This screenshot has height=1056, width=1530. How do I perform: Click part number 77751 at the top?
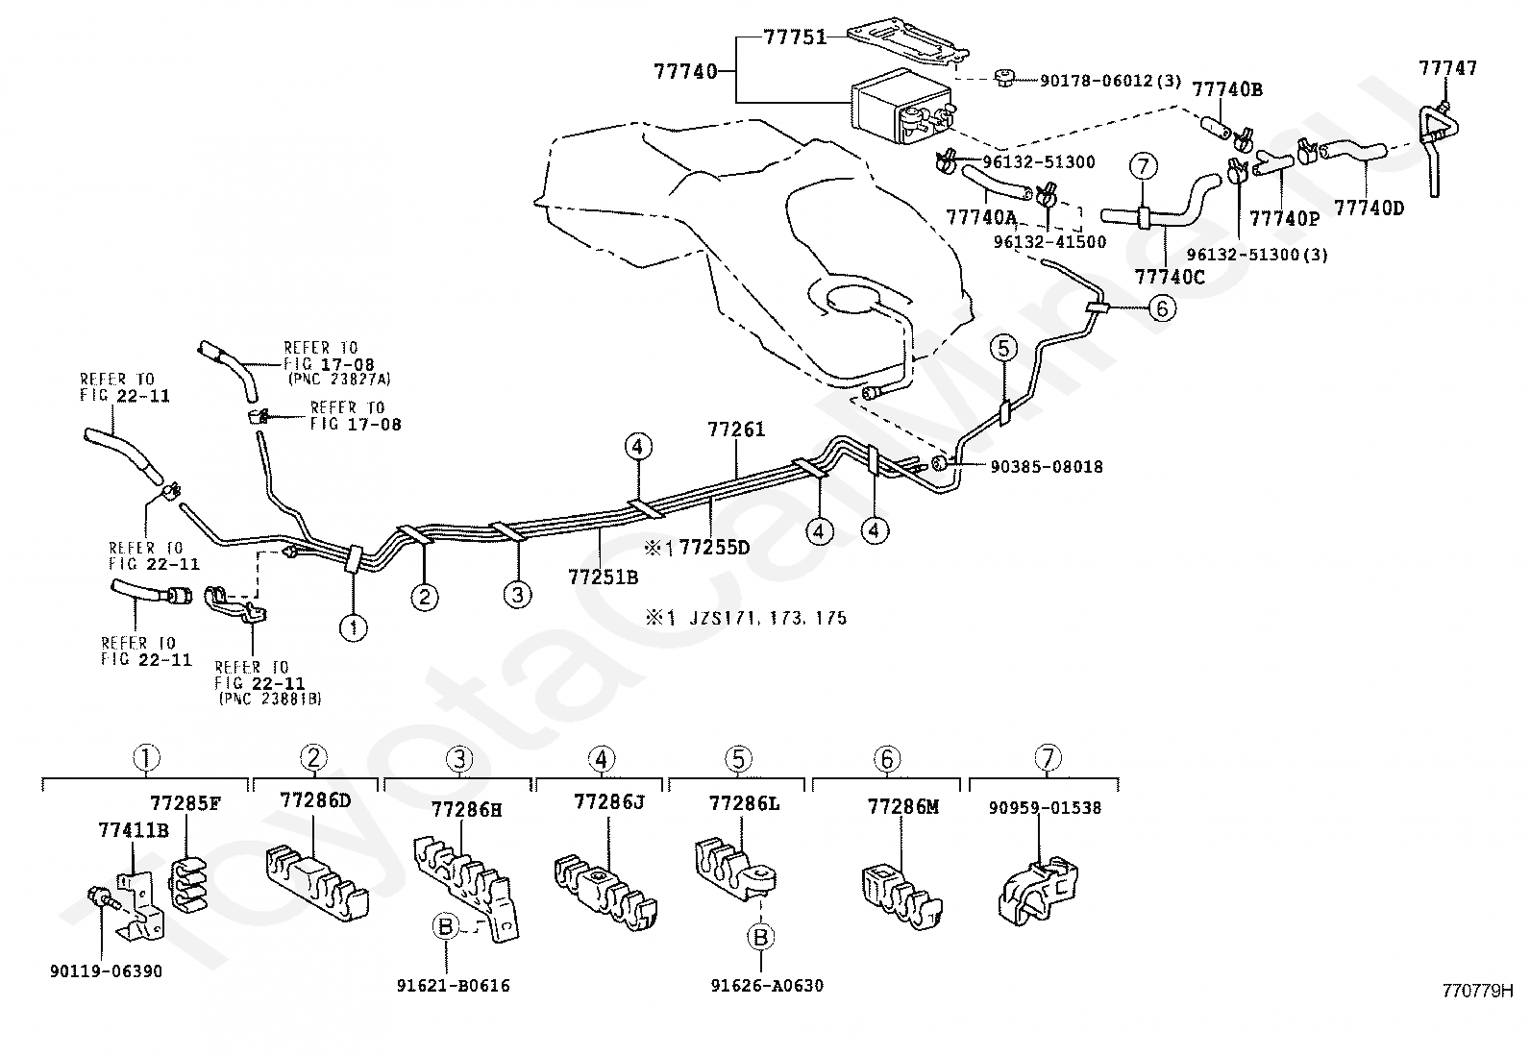point(795,37)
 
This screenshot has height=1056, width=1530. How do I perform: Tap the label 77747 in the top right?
point(1447,68)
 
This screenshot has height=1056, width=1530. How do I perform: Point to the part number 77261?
point(736,430)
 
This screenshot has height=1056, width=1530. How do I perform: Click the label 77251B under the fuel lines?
point(603,577)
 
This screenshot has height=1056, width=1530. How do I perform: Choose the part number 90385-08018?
point(1047,467)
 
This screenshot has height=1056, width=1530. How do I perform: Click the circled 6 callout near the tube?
point(1161,308)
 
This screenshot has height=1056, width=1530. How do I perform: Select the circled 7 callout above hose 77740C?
point(1143,168)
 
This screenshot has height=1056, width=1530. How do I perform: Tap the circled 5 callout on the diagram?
point(1002,349)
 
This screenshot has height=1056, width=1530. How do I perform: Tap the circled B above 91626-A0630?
point(760,936)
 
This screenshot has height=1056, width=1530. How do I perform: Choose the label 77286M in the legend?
point(902,807)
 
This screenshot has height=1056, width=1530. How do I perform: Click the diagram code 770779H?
point(1477,990)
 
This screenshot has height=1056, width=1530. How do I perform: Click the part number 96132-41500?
point(1049,242)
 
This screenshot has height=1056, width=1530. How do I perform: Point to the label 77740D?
point(1369,207)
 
